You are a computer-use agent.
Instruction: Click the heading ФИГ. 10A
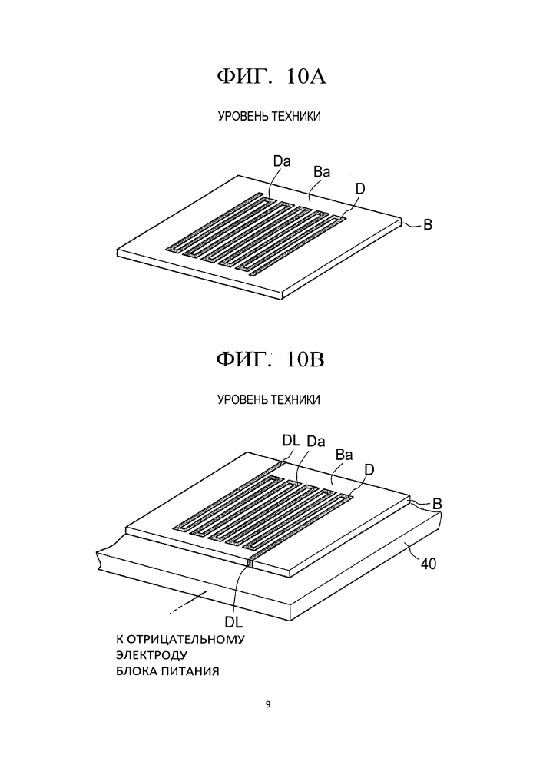pos(271,77)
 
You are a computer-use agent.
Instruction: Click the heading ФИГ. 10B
pos(271,360)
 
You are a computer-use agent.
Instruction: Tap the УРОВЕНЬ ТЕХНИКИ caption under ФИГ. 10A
pos(270,117)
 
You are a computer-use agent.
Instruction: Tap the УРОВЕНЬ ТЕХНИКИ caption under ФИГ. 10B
pos(269,400)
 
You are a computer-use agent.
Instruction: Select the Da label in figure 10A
pos(282,161)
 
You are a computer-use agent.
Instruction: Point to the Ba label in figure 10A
pos(322,172)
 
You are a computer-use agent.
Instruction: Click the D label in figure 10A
pos(360,189)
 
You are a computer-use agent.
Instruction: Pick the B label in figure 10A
pos(428,225)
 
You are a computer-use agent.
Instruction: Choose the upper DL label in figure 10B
pos(291,440)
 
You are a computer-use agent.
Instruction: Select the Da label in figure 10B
pos(316,442)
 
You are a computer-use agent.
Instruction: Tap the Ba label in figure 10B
pos(344,455)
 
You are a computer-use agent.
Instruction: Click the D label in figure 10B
pos(369,470)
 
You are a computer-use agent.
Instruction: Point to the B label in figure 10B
pos(437,504)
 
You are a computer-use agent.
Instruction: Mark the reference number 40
pos(429,564)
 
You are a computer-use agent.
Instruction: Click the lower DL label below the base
pos(233,622)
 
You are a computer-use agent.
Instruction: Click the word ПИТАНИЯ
pos(191,671)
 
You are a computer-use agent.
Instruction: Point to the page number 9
pos(267,705)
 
